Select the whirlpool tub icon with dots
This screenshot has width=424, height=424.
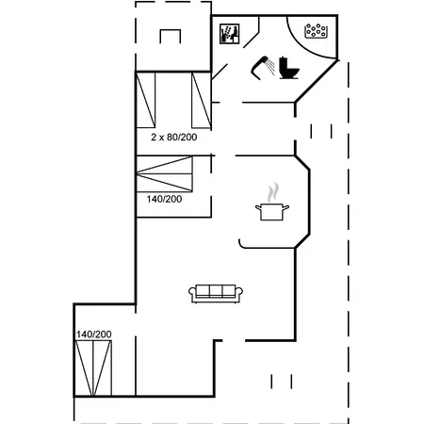click(316, 32)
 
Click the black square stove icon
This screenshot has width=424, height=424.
click(228, 34)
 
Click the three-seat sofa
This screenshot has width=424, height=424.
click(216, 293)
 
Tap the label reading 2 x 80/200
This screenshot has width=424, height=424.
click(173, 138)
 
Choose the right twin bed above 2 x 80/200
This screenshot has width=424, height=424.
click(202, 100)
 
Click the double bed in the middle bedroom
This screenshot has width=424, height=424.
click(164, 176)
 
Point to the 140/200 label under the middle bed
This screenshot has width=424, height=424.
click(164, 200)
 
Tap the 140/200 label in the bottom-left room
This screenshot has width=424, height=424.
click(94, 334)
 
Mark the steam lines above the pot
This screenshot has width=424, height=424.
click(273, 191)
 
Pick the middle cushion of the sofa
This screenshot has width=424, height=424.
click(216, 291)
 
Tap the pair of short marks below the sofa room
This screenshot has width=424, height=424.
click(277, 381)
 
